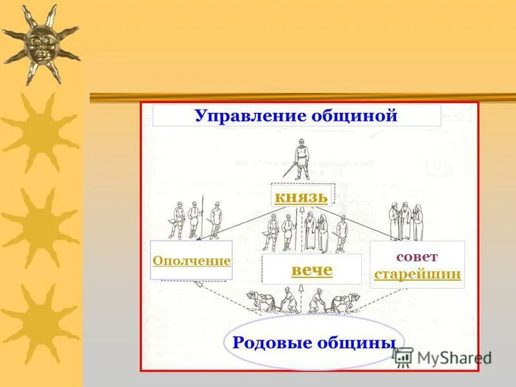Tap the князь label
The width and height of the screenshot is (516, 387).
coord(301,197)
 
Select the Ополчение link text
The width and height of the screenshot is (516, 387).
coord(192,261)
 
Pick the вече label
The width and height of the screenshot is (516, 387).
coord(312,270)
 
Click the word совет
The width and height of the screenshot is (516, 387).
coord(417,256)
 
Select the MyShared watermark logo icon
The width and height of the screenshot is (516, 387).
coord(403,357)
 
